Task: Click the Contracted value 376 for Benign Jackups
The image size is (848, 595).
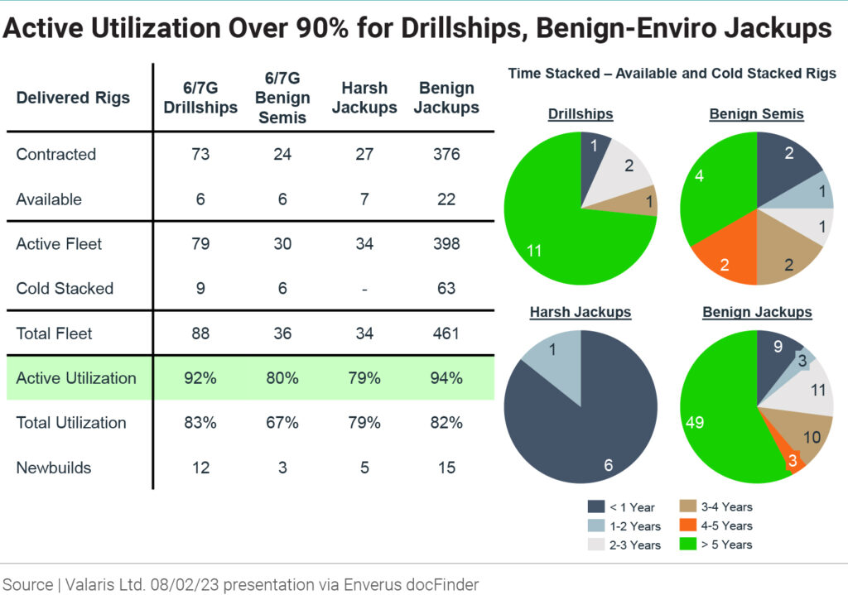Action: point(446,155)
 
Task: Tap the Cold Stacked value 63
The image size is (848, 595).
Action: point(446,289)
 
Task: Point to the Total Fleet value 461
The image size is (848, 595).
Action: point(446,333)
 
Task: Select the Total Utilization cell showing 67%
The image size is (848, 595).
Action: point(282,423)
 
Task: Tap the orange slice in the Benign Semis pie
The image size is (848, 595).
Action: point(715,257)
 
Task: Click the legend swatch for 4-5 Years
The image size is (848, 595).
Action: point(686,525)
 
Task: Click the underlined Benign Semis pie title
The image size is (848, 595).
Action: point(756,114)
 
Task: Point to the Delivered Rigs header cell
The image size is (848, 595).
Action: point(73,98)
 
